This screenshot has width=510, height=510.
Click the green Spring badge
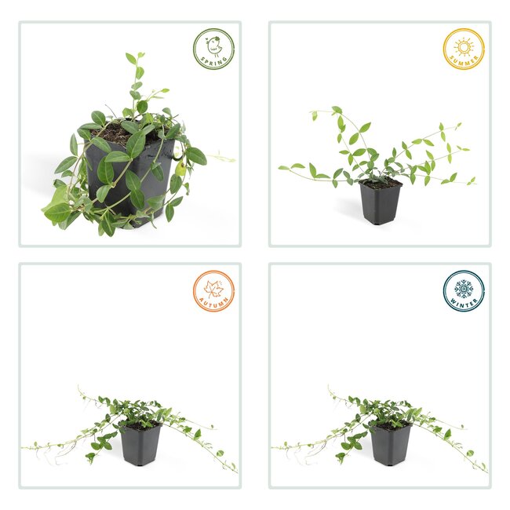click(x=213, y=49)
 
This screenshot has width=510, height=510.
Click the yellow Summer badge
click(x=463, y=49)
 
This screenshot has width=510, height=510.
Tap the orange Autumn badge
click(x=213, y=291)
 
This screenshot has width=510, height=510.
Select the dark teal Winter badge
click(x=463, y=291)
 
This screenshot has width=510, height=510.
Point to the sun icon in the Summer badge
click(x=464, y=46)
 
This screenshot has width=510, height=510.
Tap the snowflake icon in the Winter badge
click(x=463, y=287)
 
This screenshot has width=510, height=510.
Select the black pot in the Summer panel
click(x=381, y=204)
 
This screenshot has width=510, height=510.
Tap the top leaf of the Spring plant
click(x=131, y=57)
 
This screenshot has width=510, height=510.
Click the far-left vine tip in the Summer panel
click(x=281, y=168)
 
